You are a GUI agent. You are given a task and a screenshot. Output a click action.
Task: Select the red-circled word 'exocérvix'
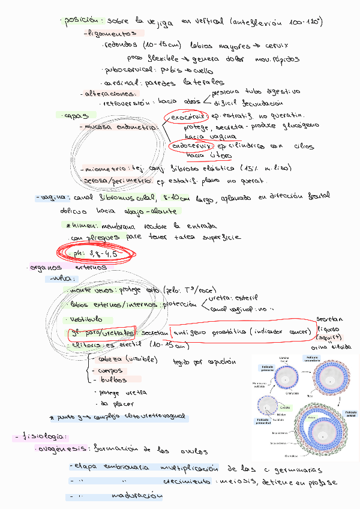point(186,115)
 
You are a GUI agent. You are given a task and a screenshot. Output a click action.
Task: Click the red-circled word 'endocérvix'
point(191,145)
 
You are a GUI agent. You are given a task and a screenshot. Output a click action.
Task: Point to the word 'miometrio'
point(101,169)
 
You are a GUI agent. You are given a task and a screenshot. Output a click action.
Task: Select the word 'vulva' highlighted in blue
point(62,279)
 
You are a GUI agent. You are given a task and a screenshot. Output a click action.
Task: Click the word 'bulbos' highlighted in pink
point(113,379)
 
